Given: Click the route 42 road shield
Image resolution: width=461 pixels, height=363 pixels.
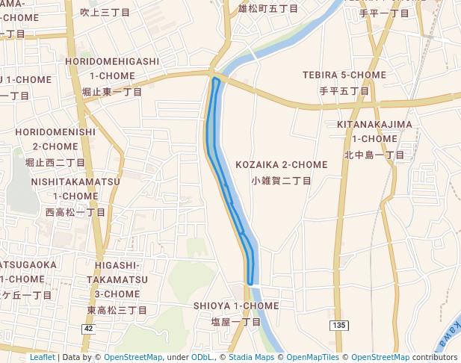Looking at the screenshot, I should (x=89, y=329).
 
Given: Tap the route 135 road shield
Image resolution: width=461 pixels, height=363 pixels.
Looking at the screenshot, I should (x=339, y=324).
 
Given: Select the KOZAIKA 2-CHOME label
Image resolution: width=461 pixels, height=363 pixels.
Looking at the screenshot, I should (x=281, y=164).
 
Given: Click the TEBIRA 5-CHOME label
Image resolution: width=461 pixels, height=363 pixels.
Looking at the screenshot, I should (x=344, y=75).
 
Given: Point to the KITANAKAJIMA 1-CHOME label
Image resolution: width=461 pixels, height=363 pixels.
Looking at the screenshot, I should (x=374, y=131).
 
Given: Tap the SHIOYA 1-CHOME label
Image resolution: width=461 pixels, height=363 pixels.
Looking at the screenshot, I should (x=236, y=306).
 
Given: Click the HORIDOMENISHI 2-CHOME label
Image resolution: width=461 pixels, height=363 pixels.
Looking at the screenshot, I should (x=55, y=139).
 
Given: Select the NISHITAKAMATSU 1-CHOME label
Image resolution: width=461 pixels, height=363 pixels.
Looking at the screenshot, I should (x=75, y=188).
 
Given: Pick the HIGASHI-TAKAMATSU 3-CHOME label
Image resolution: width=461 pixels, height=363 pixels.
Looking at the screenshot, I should (x=117, y=279).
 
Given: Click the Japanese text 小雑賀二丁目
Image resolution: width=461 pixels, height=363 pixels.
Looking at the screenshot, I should (x=281, y=181).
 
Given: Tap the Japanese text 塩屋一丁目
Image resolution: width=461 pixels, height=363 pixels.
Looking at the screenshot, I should (x=236, y=322).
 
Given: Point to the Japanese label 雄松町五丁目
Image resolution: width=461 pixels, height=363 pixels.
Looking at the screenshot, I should (x=268, y=9).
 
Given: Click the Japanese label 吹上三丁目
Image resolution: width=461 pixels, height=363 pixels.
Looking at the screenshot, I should (x=105, y=12).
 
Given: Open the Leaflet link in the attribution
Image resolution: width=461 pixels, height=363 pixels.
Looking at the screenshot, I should (x=42, y=358).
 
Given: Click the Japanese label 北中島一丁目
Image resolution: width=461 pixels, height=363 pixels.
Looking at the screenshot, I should (x=374, y=155).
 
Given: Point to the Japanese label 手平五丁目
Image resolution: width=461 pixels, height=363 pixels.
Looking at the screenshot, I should (x=344, y=91).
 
